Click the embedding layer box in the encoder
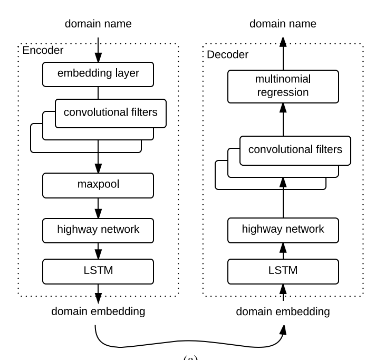click(98, 73)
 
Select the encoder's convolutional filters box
click(110, 112)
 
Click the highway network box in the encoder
click(98, 229)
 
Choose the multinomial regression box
click(283, 87)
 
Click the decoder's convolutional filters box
click(295, 150)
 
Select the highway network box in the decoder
click(283, 229)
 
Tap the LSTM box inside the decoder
click(283, 271)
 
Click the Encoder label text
click(42, 51)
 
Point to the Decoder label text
click(227, 54)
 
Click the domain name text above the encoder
click(98, 24)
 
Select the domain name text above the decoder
click(283, 24)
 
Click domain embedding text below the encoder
click(98, 311)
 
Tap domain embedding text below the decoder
click(283, 311)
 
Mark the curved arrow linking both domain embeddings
click(190, 346)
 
